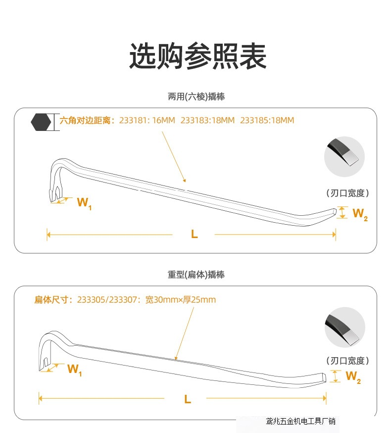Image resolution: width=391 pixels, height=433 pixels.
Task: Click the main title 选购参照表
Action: (197, 56)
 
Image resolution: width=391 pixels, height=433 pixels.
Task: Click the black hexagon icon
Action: (41, 122)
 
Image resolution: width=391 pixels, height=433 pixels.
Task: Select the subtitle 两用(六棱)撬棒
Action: (196, 97)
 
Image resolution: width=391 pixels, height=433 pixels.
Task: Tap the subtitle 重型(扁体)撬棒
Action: (196, 274)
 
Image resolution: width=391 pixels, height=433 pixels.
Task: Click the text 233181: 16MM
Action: (147, 121)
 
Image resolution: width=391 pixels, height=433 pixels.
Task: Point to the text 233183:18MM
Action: (207, 121)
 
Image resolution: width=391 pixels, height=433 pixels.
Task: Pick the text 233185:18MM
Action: (267, 121)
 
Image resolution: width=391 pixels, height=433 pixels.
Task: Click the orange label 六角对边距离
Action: (87, 121)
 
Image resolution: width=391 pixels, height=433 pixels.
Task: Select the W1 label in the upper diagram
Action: (84, 203)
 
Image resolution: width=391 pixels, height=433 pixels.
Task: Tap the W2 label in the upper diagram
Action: (360, 214)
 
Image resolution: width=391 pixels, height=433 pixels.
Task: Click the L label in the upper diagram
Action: (194, 235)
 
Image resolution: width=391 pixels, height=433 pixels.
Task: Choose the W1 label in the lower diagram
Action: (74, 369)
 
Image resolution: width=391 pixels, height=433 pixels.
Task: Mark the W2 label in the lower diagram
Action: (353, 377)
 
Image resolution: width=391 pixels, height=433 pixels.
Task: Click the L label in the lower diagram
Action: (187, 399)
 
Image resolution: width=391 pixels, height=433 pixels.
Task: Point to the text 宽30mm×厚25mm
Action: (180, 300)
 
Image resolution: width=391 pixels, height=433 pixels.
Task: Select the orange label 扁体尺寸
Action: (53, 300)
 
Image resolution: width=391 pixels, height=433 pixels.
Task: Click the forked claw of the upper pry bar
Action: (55, 191)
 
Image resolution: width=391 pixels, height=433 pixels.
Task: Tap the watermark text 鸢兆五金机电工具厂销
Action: (300, 422)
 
